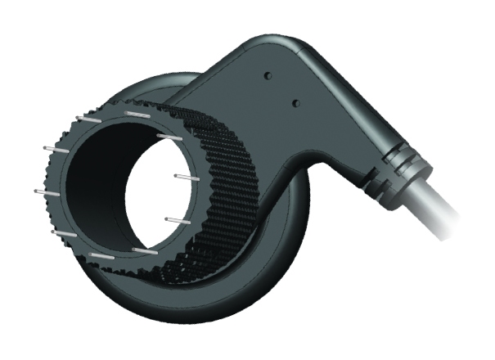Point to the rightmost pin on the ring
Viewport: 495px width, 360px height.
pyautogui.click(x=185, y=176)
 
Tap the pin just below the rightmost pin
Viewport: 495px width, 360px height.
pyautogui.click(x=175, y=218)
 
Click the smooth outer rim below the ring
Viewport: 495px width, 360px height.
pyautogui.click(x=164, y=315)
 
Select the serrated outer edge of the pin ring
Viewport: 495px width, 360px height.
pyautogui.click(x=49, y=221)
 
